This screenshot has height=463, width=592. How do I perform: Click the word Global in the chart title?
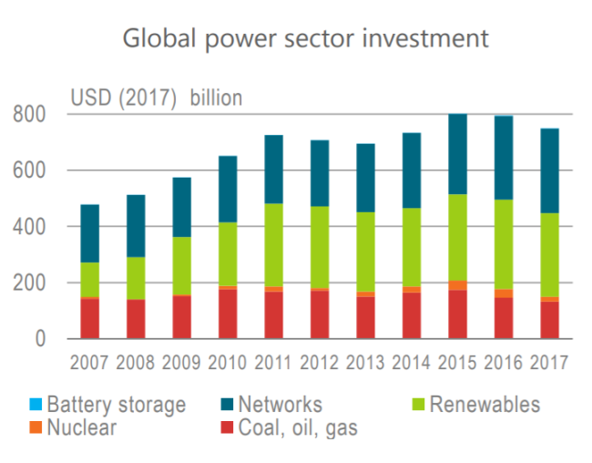[x=159, y=38]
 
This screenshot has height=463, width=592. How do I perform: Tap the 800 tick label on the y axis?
[x=29, y=114]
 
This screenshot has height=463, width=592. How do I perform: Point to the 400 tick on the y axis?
[x=29, y=227]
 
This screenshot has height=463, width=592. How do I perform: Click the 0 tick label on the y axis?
[x=40, y=339]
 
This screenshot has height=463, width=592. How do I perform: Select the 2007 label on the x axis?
[x=89, y=363]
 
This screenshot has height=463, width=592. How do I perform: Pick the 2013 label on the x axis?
[x=365, y=363]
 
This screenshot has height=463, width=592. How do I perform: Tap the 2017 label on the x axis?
[x=549, y=363]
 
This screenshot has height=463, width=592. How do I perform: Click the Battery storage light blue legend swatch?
[x=36, y=405]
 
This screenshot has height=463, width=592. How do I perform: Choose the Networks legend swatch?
[x=227, y=405]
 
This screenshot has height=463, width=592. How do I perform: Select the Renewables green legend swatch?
[x=418, y=405]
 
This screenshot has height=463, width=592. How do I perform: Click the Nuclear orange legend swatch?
[x=36, y=427]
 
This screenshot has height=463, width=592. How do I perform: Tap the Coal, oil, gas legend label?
[x=298, y=427]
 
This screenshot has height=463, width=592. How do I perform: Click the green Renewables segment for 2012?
[x=320, y=247]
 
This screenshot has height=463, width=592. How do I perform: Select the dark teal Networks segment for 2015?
[x=457, y=154]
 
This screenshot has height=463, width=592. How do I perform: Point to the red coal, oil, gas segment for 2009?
[x=182, y=317]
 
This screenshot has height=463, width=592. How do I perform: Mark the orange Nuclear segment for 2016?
[x=504, y=293]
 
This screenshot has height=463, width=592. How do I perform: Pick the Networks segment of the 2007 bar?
[x=90, y=233]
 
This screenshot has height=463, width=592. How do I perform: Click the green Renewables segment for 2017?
[x=550, y=255]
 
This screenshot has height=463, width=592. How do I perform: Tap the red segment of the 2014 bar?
[x=412, y=315]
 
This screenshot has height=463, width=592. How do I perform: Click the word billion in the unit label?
[x=216, y=98]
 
